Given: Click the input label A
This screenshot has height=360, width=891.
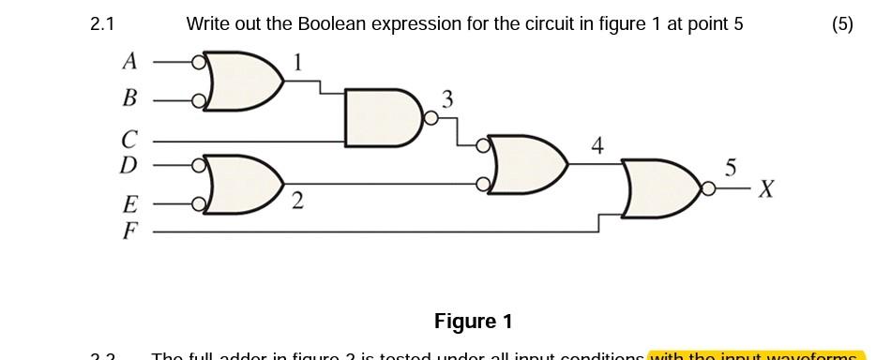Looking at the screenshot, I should [129, 62].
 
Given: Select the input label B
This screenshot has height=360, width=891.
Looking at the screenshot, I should [129, 97].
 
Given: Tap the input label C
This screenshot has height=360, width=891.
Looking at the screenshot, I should [129, 141].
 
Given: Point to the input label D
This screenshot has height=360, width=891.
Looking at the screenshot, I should [129, 165].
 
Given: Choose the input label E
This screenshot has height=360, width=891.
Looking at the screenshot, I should [129, 203].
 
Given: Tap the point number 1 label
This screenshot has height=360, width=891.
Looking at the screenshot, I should [297, 63].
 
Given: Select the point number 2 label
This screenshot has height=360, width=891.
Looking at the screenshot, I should [296, 201].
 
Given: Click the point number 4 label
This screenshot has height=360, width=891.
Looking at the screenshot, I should [597, 145].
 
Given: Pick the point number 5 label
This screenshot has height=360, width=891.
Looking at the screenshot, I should [731, 168].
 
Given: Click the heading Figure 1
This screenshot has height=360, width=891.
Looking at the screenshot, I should [473, 322].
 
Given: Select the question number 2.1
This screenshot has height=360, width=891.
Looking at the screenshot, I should [102, 24].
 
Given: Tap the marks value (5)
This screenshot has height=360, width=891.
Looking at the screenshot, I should [841, 24].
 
